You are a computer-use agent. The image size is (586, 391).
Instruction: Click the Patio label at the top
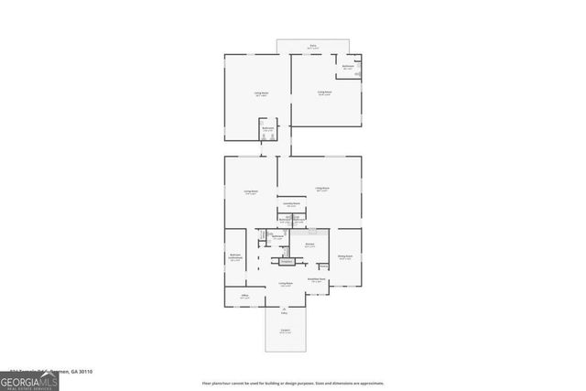click(313, 45)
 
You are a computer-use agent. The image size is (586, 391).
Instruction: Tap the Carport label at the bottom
click(285, 331)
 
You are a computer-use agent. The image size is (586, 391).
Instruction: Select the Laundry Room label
click(291, 204)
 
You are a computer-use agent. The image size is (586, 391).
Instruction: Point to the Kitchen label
click(309, 245)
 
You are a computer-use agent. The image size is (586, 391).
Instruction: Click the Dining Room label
click(345, 257)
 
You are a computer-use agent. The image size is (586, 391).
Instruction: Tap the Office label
click(244, 297)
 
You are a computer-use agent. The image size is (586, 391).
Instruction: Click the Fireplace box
click(286, 262)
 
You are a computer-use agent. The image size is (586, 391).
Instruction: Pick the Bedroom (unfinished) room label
click(235, 256)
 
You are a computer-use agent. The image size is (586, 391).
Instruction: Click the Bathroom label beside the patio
click(349, 67)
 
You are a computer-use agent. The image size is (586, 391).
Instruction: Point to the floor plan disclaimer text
click(293, 383)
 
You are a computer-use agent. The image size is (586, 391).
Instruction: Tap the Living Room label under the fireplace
click(286, 285)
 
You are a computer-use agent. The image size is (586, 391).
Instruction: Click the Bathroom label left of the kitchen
click(278, 237)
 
